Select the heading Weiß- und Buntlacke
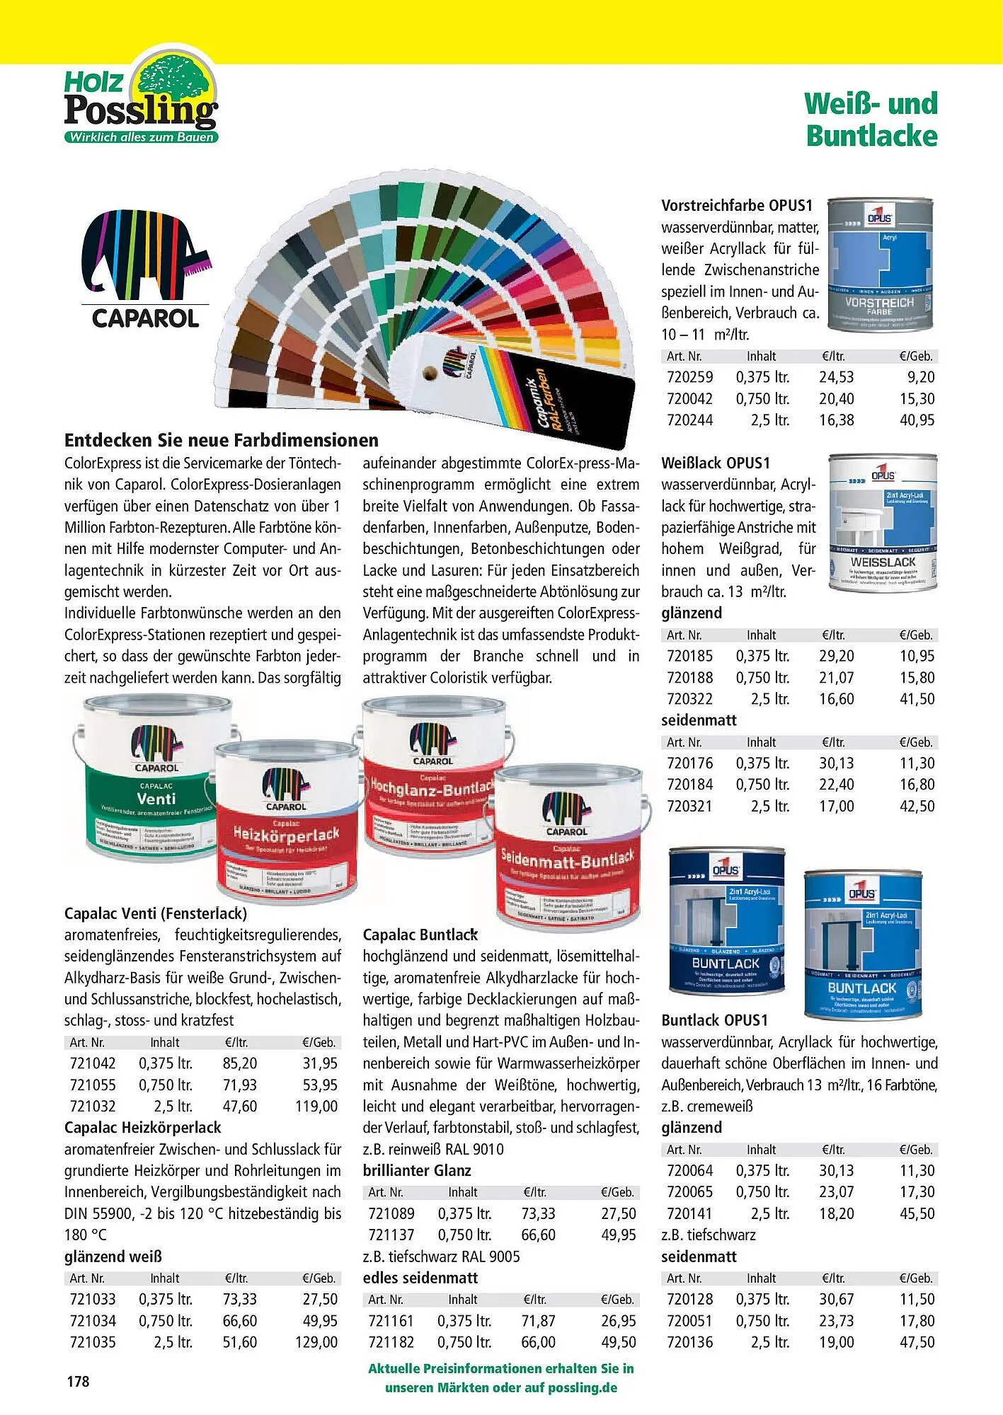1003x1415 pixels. tap(871, 119)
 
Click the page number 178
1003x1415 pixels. tap(78, 1380)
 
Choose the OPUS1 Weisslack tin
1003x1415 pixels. tap(883, 523)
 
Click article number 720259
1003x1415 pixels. tap(689, 378)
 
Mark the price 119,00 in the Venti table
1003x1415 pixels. tap(316, 1107)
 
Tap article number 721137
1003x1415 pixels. tap(391, 1235)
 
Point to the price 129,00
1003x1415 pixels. tap(316, 1342)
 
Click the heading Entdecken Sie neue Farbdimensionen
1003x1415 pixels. tap(222, 440)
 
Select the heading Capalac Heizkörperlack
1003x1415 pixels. tap(142, 1128)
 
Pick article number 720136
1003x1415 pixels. tap(689, 1342)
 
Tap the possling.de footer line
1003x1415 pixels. tap(500, 1387)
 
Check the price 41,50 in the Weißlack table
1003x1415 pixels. tap(917, 699)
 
